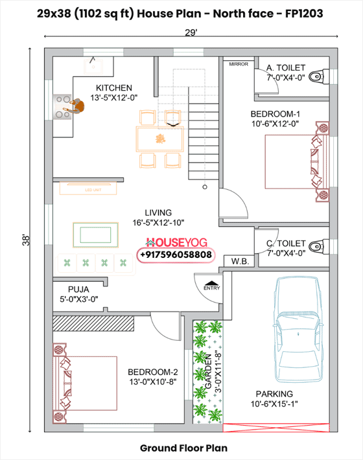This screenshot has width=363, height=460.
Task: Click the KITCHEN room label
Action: (113, 88)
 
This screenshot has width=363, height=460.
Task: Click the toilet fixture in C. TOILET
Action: (316, 246)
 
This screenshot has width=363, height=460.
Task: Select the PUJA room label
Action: (78, 289)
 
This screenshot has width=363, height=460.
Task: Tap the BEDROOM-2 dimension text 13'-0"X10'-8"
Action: (153, 382)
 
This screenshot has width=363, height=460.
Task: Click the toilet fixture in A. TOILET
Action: (316, 76)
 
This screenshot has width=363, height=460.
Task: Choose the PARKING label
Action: (274, 393)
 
